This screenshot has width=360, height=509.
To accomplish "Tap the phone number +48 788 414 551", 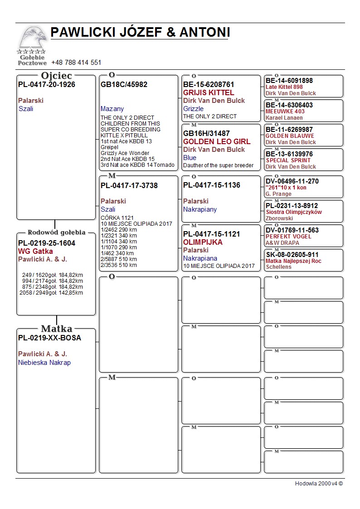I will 76,63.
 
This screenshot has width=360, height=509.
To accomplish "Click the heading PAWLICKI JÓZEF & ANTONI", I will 140,33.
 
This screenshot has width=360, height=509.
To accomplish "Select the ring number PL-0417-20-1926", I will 47,85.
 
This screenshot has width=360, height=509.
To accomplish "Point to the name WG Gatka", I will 35,251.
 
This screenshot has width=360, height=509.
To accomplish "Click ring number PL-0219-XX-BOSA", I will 50,338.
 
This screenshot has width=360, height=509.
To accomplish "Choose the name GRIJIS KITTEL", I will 209,92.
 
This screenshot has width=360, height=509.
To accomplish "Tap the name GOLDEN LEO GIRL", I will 217,141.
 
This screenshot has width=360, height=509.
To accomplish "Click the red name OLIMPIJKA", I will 203,242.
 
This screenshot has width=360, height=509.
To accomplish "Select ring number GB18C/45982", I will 124,85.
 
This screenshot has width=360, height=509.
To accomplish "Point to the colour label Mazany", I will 112,109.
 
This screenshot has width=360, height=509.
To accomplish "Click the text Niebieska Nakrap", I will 44,363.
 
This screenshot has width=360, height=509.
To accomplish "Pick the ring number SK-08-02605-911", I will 292,255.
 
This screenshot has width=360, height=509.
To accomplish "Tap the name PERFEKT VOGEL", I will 288,237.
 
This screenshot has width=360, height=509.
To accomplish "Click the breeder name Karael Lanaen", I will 284,118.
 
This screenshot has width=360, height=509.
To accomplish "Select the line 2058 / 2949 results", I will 51,293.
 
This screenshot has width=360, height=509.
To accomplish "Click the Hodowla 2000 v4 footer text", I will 319,484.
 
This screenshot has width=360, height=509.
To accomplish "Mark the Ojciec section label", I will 56,76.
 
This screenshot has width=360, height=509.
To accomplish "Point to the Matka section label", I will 56,329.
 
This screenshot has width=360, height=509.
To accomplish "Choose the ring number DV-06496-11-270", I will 292,181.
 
